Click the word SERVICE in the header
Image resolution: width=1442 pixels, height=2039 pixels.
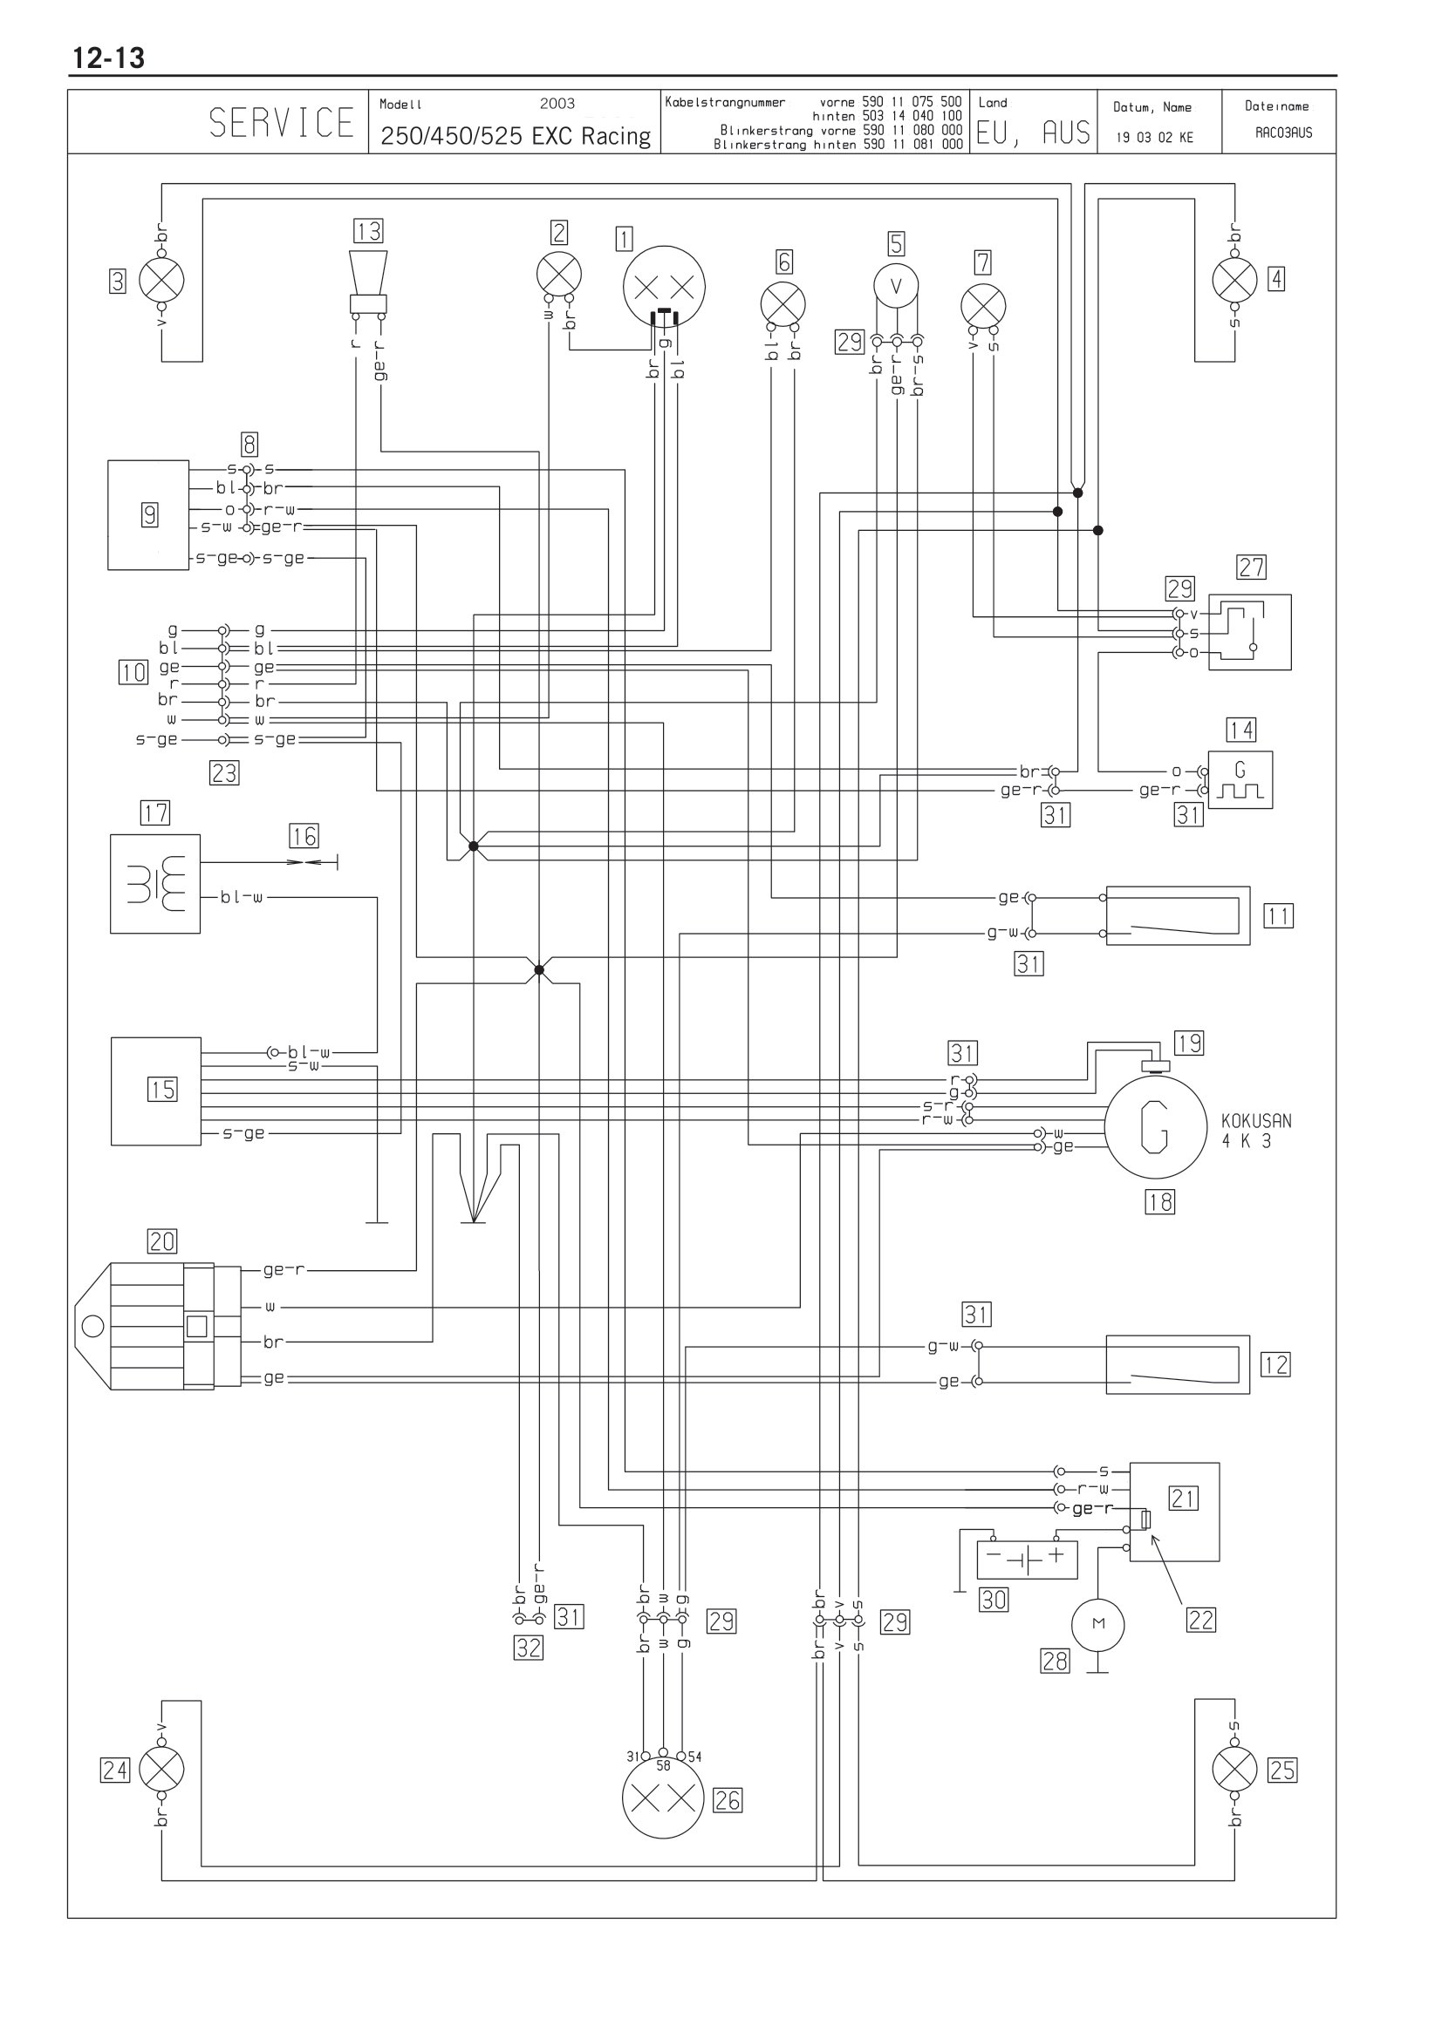[282, 123]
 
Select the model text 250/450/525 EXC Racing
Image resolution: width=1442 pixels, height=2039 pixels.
[516, 136]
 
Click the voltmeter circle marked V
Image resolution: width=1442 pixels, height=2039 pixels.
[896, 286]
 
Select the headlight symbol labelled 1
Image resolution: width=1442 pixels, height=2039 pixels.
[664, 287]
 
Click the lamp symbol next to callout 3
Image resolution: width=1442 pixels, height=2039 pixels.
[161, 281]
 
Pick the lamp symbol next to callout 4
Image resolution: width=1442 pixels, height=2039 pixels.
[1235, 280]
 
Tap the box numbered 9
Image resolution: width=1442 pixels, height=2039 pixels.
[148, 514]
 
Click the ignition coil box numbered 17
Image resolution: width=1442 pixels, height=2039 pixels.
[155, 884]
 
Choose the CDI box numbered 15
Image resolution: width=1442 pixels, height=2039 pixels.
[156, 1091]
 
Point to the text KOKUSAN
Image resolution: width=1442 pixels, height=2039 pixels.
[1256, 1121]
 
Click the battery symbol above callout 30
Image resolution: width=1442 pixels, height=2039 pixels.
[1027, 1560]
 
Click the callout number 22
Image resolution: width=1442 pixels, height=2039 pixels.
[1201, 1620]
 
